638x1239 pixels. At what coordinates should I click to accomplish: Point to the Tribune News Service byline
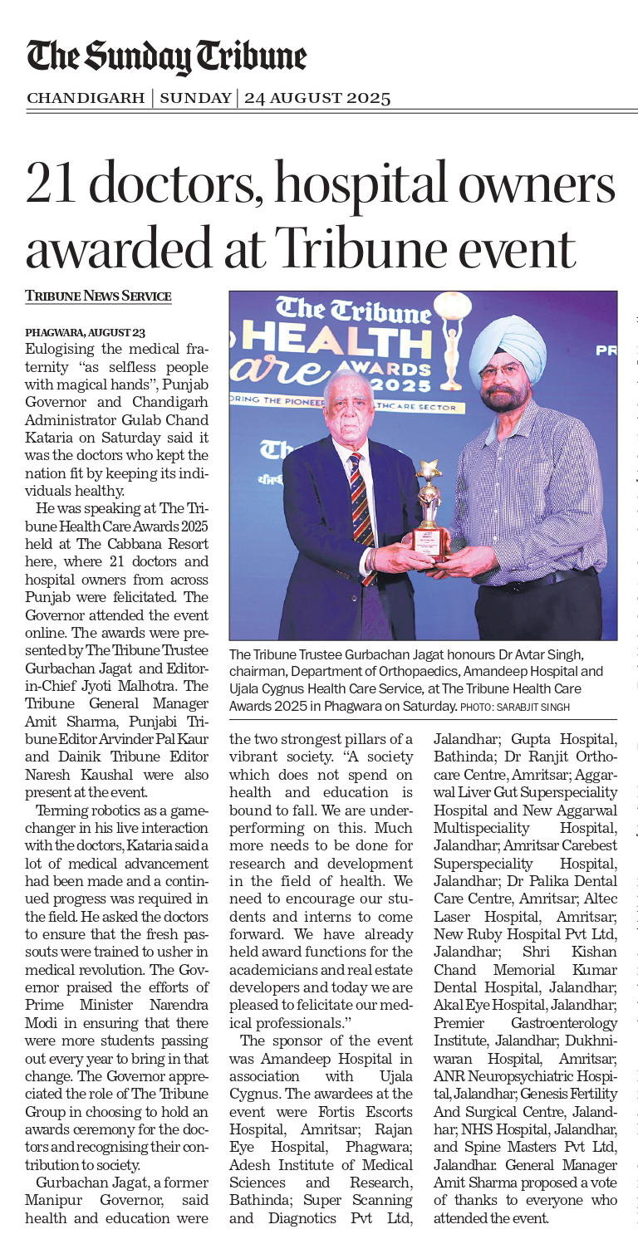coord(98,296)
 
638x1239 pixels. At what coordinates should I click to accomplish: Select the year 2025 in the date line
coord(361,98)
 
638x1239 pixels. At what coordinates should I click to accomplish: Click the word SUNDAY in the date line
coord(195,98)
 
